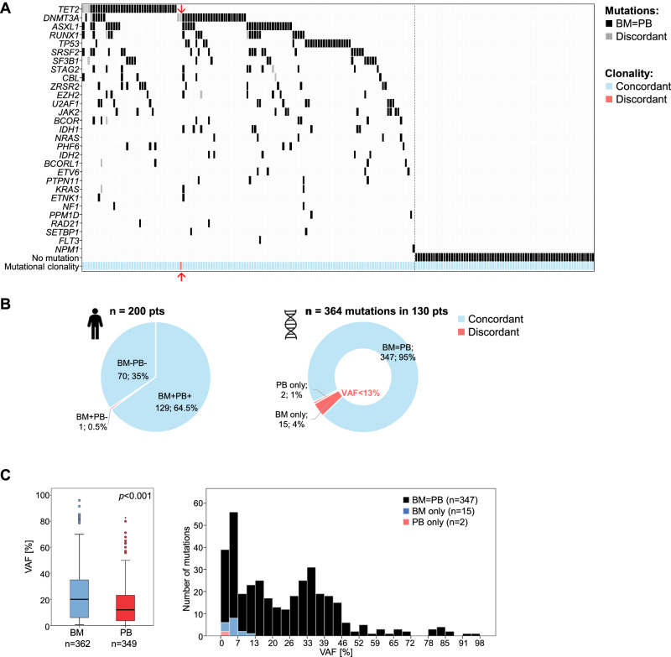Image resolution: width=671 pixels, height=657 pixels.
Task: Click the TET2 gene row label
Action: point(69,8)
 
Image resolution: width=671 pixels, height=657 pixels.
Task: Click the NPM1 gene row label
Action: point(67,248)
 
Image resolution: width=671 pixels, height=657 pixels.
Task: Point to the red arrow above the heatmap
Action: point(181,8)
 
